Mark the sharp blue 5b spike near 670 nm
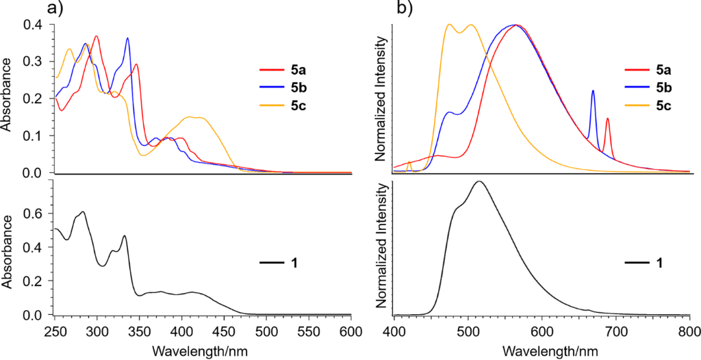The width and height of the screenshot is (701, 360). point(593,91)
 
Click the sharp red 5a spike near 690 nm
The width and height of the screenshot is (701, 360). point(607,119)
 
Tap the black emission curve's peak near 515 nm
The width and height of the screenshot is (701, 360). point(479,181)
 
